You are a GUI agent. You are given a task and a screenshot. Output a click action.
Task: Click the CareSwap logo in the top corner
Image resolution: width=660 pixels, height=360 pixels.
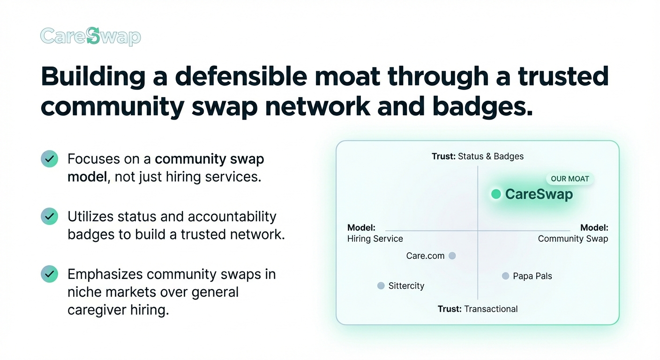tap(90, 37)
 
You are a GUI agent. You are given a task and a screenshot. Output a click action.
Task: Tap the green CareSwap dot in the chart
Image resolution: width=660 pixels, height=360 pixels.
tap(496, 194)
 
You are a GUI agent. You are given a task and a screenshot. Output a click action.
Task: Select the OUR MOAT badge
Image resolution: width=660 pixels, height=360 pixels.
tap(570, 179)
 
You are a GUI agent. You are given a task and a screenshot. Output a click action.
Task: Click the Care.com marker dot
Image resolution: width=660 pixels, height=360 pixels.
tap(452, 256)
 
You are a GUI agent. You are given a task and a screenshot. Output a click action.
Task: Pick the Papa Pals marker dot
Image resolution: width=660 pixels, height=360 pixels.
tap(505, 276)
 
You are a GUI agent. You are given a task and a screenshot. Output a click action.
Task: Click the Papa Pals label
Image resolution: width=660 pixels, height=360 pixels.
tap(532, 276)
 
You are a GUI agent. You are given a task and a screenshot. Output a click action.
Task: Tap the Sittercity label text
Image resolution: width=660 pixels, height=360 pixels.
tap(406, 286)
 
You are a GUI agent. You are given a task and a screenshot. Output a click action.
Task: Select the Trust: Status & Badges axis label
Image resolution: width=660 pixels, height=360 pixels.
tap(477, 157)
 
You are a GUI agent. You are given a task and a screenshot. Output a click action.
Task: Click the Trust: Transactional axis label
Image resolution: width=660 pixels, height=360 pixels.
tap(477, 309)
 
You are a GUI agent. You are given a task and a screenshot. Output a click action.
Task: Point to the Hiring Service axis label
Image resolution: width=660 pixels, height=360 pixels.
tap(375, 233)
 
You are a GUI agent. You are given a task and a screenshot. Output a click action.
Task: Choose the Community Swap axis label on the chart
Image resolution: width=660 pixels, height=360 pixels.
tap(573, 233)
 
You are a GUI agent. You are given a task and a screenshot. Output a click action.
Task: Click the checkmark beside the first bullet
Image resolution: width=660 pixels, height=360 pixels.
tap(50, 159)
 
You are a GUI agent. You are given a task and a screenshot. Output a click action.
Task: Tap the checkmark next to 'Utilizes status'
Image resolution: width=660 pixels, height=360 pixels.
tap(50, 217)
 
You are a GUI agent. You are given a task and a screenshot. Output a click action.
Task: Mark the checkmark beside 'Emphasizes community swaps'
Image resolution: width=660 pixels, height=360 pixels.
tap(50, 274)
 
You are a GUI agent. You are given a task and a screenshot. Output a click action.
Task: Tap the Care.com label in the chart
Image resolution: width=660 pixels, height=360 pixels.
tap(425, 256)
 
